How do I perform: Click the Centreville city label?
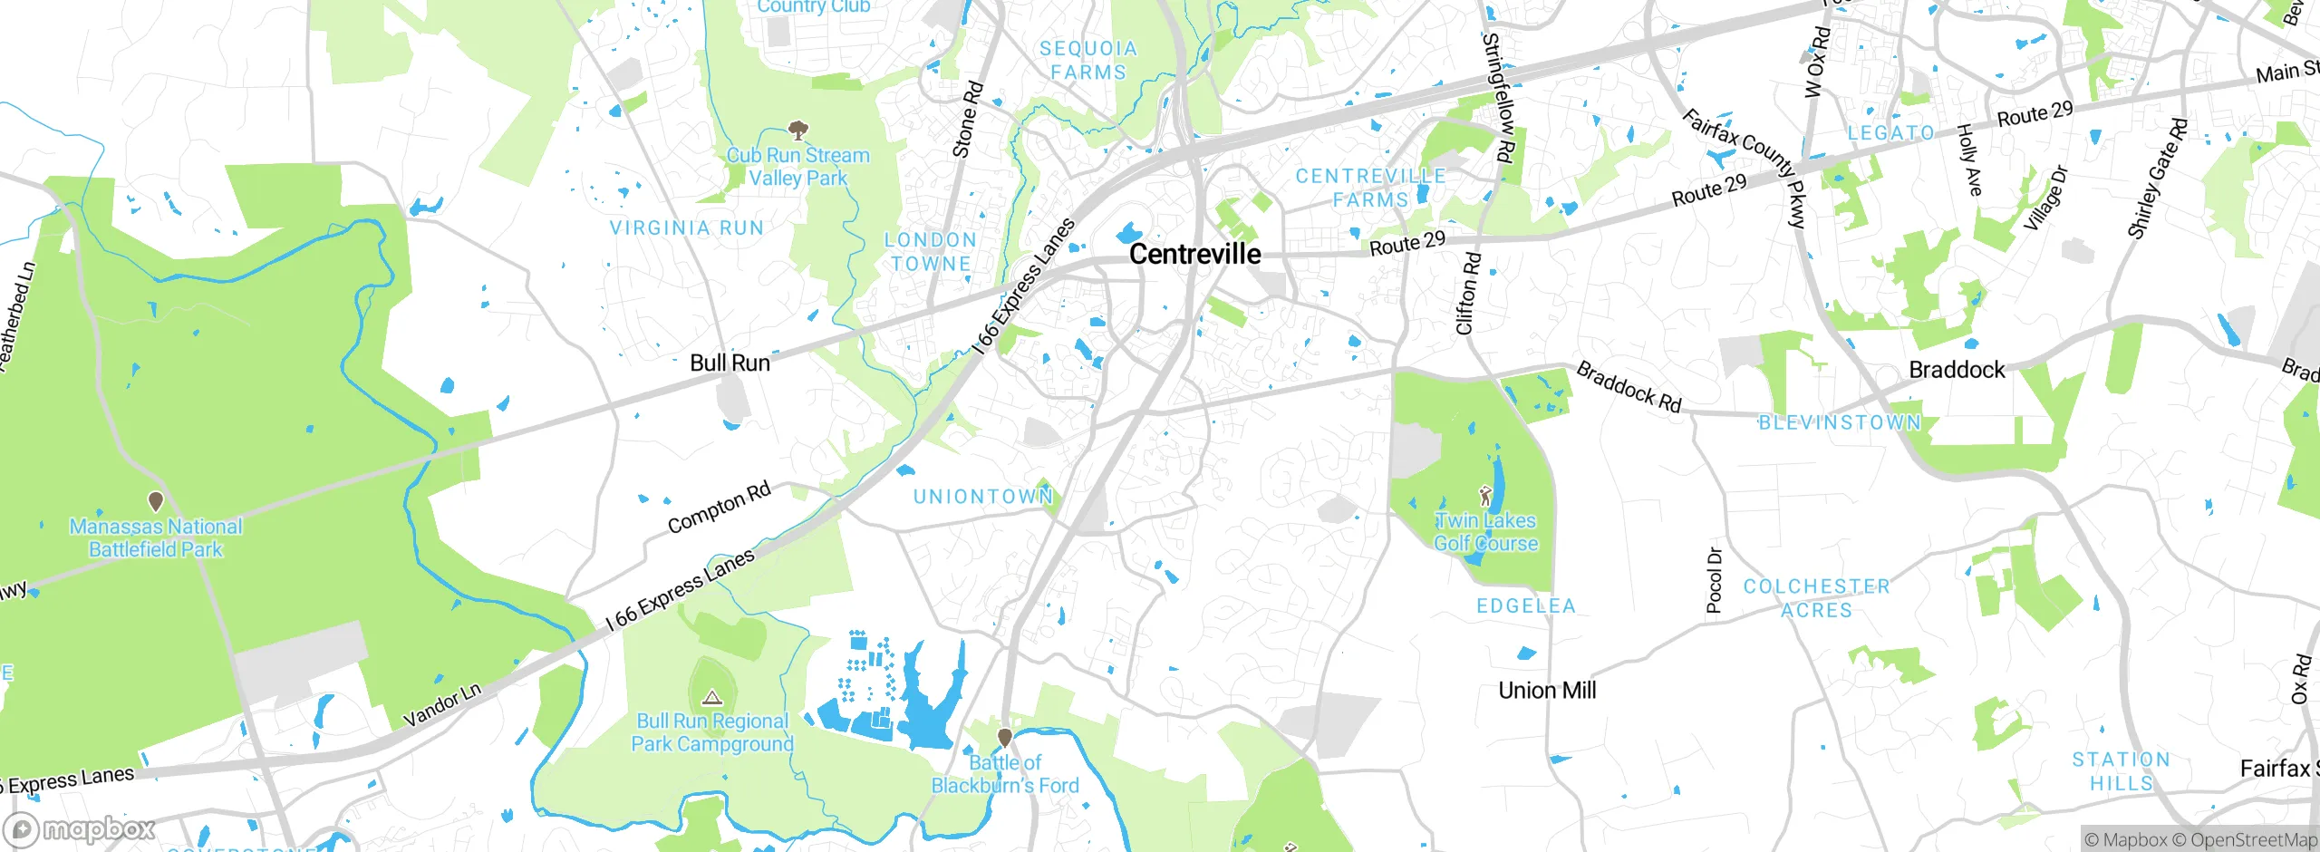[1194, 255]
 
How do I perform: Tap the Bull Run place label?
[730, 363]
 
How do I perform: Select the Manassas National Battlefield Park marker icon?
[156, 501]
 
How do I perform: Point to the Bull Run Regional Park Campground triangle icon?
[712, 697]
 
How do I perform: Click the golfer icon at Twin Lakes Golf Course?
[1484, 496]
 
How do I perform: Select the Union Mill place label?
[1547, 691]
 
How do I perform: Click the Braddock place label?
[1957, 370]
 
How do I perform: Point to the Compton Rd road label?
[719, 508]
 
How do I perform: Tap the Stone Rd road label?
[968, 120]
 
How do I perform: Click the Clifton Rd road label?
[1467, 294]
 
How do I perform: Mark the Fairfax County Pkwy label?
[1745, 169]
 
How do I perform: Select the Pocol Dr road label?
[1715, 581]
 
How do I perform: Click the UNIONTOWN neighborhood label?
[983, 497]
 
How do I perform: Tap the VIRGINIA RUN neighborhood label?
[686, 228]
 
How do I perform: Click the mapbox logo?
[80, 829]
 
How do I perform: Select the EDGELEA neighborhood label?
[1526, 606]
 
